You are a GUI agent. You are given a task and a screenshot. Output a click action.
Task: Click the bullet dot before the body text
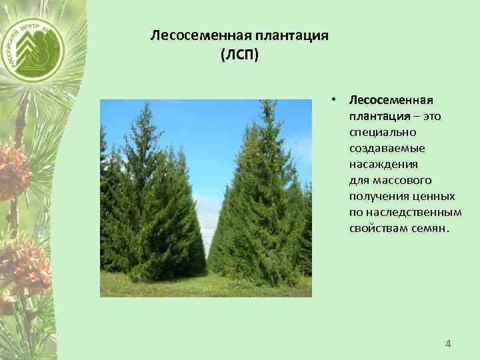click(x=338, y=101)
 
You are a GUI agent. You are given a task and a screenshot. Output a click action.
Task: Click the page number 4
click(x=448, y=344)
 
